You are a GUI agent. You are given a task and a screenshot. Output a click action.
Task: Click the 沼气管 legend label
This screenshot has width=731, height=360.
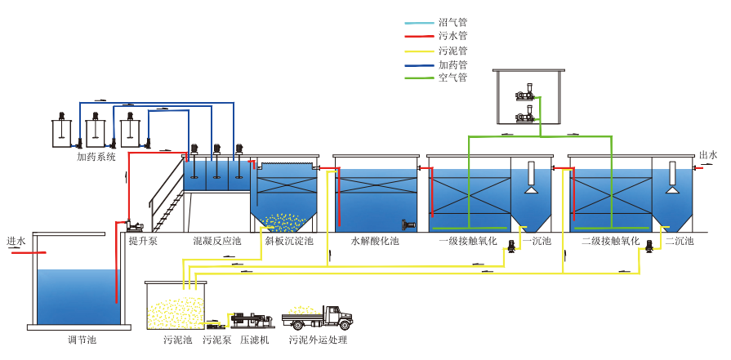452,23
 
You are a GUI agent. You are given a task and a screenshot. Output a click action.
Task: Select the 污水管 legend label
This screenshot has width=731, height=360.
452,36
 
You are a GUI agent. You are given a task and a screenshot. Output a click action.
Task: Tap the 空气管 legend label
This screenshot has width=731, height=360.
452,78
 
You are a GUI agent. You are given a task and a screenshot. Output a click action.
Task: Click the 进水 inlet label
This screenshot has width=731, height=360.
16,242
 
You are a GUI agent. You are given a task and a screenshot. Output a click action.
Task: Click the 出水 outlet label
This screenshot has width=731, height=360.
708,155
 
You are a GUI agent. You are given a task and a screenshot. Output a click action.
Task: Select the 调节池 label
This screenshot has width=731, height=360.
82,340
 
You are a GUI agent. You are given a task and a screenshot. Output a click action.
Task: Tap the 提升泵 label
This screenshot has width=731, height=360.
143,242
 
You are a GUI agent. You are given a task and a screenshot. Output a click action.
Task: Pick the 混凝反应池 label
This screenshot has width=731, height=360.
216,242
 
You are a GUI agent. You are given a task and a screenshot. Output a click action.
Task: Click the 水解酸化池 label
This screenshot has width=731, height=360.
375,242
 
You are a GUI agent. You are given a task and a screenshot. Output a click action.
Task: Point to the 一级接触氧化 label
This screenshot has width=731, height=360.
468,242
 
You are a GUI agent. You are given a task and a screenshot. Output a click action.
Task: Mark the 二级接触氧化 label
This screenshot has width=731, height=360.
608,242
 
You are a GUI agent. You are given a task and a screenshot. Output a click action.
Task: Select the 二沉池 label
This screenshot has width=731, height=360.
680,242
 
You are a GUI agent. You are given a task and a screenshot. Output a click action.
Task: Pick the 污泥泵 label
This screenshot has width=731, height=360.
216,340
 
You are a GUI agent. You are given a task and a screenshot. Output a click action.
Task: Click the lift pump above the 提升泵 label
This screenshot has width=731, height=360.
134,223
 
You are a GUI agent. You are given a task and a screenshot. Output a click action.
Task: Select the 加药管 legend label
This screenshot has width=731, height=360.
452,64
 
